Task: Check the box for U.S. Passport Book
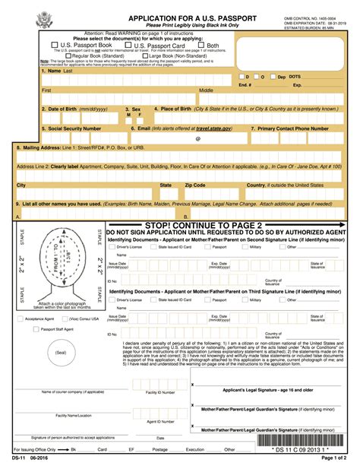(x=43, y=45)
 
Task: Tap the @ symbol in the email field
(x=198, y=139)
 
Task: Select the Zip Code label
(x=195, y=185)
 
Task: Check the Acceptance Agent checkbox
(x=21, y=319)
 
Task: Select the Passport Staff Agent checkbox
(x=21, y=329)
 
